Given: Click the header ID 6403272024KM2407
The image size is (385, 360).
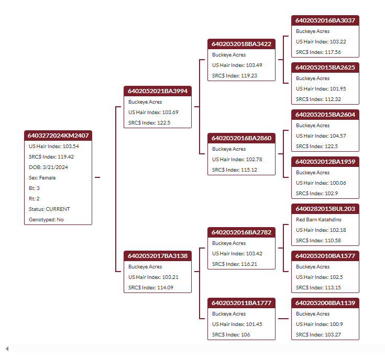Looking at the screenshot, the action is click(58, 136).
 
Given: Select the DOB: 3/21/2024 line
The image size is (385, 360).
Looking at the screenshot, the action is click(48, 167).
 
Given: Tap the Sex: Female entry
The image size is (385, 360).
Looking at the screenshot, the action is click(42, 178).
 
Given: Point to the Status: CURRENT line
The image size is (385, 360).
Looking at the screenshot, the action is click(49, 209).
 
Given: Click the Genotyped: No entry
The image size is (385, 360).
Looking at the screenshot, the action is click(46, 220).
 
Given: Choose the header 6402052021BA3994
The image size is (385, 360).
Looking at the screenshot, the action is click(158, 91).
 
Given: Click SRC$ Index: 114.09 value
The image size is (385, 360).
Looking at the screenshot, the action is click(151, 288).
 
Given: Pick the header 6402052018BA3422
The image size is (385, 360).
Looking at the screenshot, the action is click(241, 44).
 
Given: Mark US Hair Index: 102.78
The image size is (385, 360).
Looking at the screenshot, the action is click(237, 160).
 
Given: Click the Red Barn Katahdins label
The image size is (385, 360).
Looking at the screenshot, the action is click(318, 220).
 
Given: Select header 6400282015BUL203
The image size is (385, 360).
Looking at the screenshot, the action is click(325, 209).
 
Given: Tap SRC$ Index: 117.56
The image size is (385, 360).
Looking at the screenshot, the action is click(318, 52).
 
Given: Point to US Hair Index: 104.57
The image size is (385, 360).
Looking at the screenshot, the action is click(321, 136).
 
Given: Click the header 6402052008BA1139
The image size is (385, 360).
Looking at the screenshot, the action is click(325, 303).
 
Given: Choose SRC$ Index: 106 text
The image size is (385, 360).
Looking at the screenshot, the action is click(231, 335).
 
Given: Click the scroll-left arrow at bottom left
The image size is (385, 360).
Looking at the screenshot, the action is click(7, 348).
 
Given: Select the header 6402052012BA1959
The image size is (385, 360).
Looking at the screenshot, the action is click(325, 162).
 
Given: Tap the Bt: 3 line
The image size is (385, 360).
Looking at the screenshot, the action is click(34, 188).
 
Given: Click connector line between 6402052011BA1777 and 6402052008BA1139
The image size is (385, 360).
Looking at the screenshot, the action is click(283, 319).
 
